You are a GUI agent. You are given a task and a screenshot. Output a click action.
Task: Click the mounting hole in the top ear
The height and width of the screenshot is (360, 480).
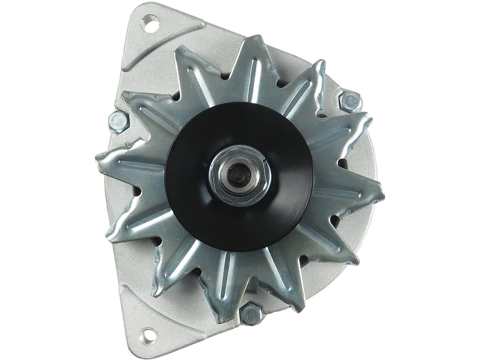click(150, 24)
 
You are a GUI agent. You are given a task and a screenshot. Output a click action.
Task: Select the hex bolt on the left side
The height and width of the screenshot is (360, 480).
click(119, 121)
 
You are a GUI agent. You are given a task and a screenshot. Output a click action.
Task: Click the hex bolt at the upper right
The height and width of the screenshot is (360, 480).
click(350, 102)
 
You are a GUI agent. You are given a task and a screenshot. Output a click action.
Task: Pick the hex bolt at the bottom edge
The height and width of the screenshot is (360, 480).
click(251, 314)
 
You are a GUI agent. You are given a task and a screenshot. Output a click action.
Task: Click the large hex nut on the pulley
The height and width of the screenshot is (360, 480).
click(240, 175)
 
